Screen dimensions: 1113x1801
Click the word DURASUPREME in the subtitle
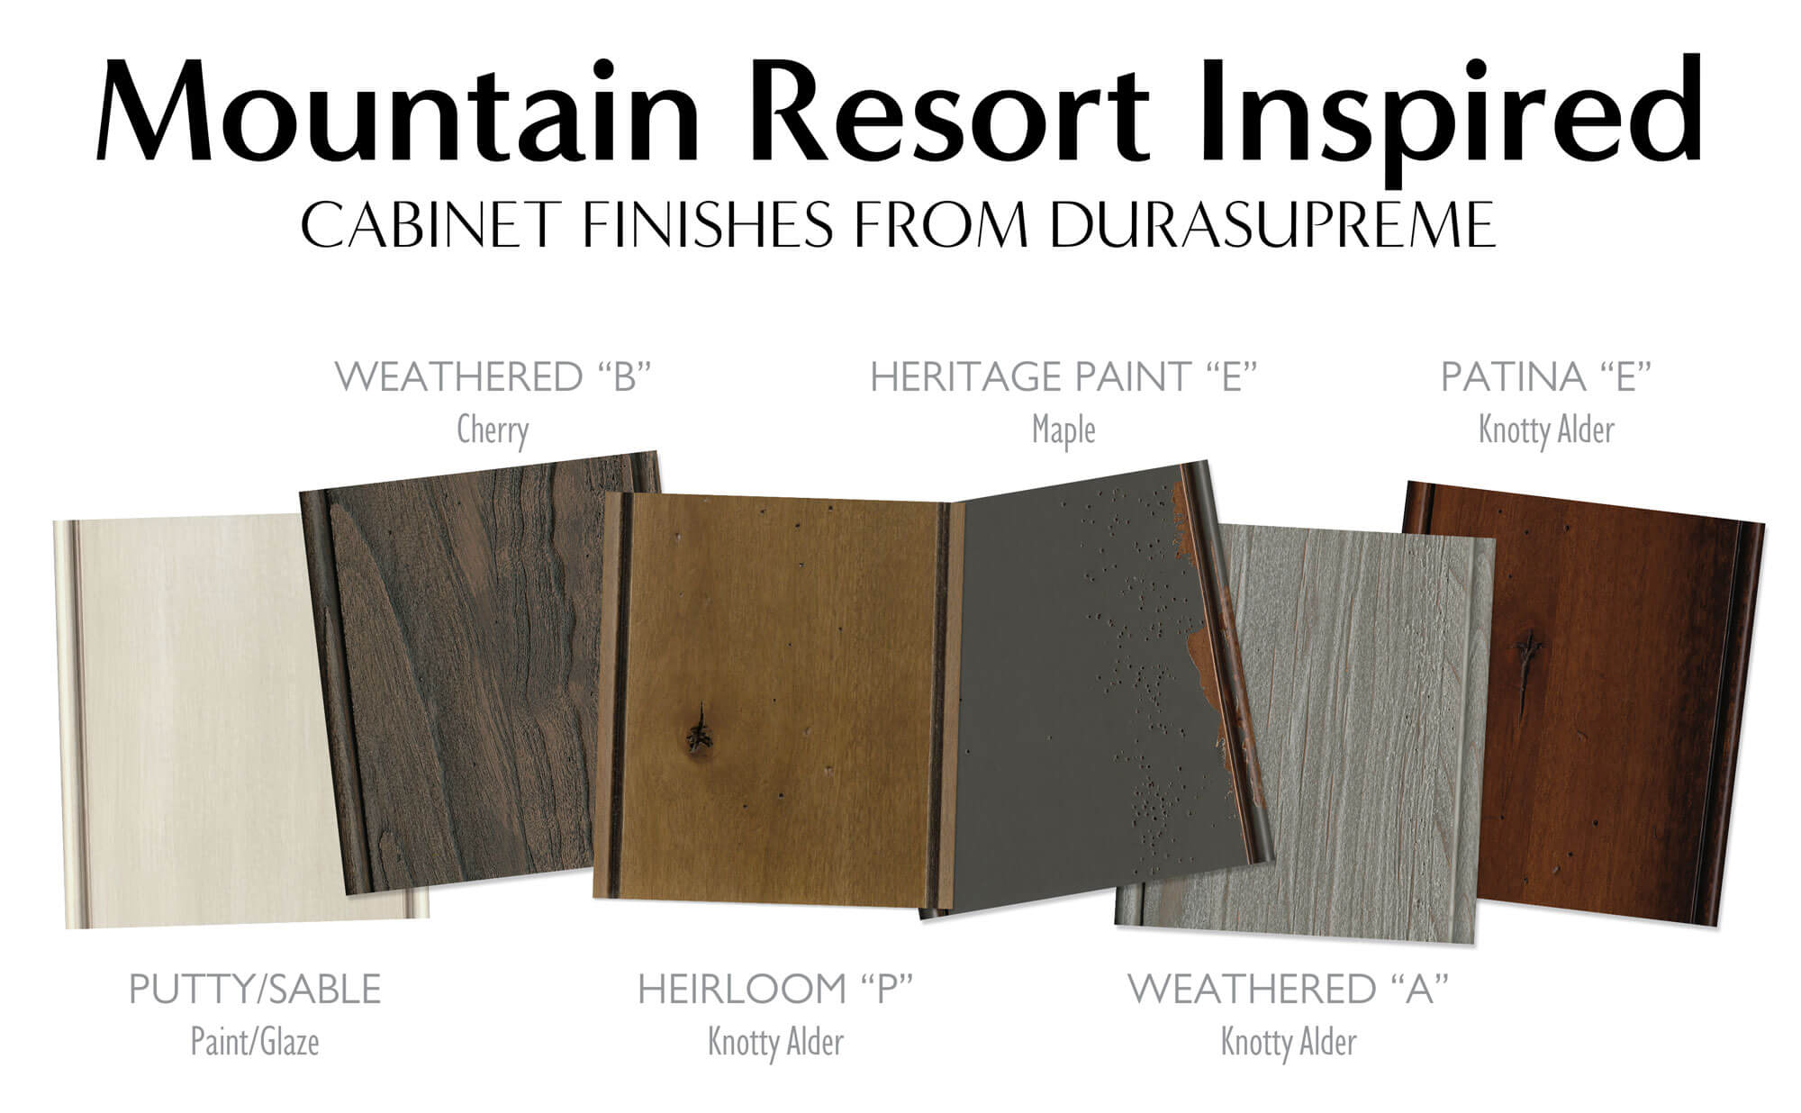pyautogui.click(x=1270, y=224)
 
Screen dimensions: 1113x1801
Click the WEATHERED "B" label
pyautogui.click(x=493, y=376)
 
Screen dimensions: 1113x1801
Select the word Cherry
pyautogui.click(x=493, y=430)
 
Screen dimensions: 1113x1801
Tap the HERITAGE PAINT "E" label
pyautogui.click(x=1063, y=376)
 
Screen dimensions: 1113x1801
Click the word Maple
pyautogui.click(x=1063, y=430)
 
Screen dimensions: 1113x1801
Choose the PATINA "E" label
pyautogui.click(x=1546, y=376)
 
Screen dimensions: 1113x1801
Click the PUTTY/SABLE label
pyautogui.click(x=255, y=989)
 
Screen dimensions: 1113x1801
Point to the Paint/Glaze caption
pyautogui.click(x=255, y=1042)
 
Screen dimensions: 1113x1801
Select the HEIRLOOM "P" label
pyautogui.click(x=775, y=989)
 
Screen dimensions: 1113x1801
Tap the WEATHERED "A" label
pyautogui.click(x=1288, y=989)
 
